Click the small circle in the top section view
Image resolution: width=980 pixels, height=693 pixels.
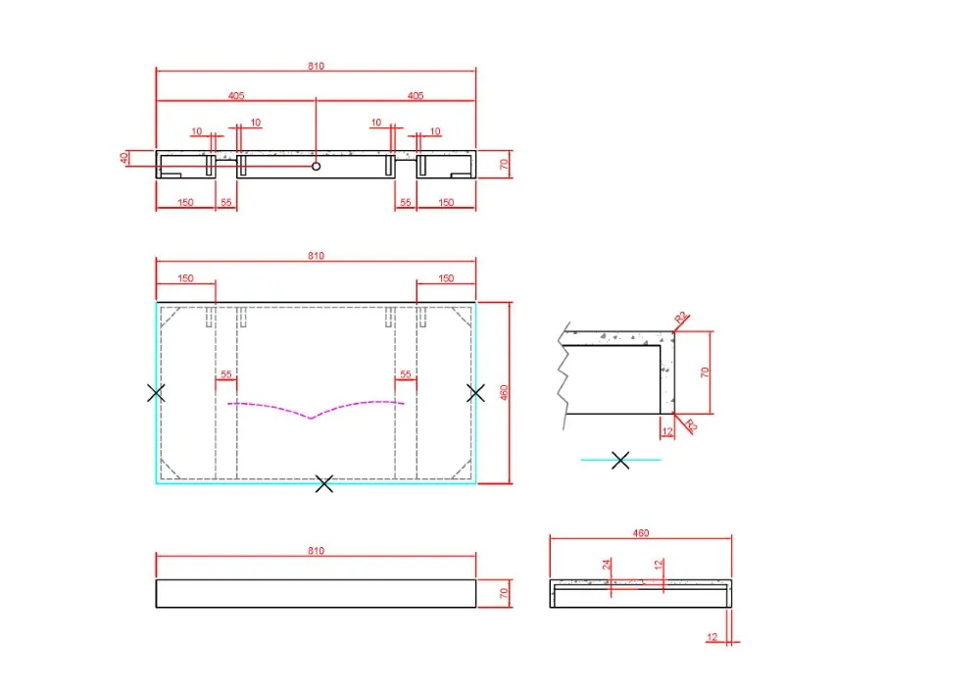(317, 167)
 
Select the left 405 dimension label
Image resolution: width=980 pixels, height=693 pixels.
(236, 95)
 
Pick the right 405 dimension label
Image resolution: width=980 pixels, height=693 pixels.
(415, 95)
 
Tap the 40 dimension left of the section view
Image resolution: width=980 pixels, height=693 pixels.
(125, 158)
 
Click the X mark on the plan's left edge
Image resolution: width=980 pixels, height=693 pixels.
(156, 393)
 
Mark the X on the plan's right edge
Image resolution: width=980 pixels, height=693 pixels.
(476, 393)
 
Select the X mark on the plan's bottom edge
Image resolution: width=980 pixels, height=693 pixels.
(325, 482)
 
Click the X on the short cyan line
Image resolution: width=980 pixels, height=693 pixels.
(620, 460)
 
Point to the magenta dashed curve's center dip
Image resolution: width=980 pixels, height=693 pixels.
(311, 418)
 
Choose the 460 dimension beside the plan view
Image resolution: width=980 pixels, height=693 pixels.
(505, 392)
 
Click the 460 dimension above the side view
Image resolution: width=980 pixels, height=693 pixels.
(640, 533)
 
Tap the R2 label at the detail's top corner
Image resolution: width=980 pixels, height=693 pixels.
(681, 318)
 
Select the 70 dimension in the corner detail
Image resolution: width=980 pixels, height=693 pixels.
(705, 371)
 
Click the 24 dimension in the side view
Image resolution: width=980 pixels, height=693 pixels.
(607, 565)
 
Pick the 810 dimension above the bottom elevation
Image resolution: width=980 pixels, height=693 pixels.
(316, 551)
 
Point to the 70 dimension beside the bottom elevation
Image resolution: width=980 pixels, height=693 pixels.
(505, 593)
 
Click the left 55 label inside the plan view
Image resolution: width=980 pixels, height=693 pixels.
(226, 374)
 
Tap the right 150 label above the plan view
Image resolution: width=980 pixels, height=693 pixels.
(446, 278)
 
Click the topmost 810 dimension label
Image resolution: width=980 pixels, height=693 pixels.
(316, 66)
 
